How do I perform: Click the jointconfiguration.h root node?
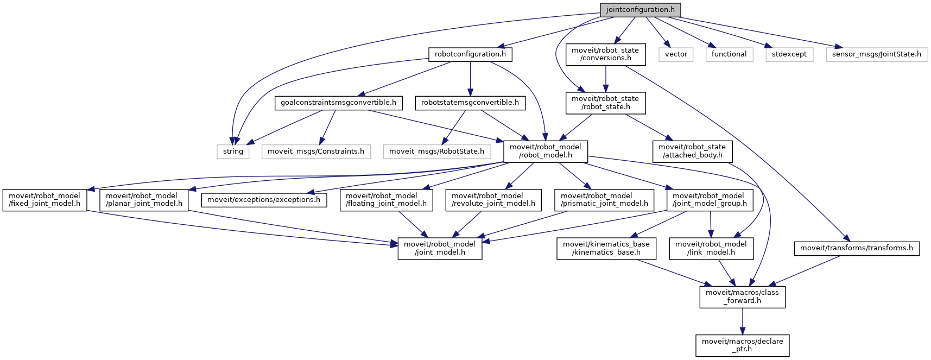tap(640, 10)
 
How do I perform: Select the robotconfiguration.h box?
tap(470, 54)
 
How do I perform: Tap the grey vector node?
tap(676, 54)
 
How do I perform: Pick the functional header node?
tap(729, 54)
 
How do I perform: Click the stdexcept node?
tap(789, 54)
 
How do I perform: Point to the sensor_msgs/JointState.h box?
tap(877, 54)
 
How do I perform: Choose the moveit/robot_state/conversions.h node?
tap(605, 54)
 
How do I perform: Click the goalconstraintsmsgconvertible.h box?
tap(338, 103)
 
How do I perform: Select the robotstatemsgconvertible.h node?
tap(470, 103)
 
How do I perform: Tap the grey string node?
tap(233, 151)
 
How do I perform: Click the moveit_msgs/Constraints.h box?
tap(316, 151)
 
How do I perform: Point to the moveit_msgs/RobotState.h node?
tap(437, 151)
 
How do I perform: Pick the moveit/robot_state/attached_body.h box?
tap(692, 151)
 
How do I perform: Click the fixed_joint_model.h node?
tap(45, 200)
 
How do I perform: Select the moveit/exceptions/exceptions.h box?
tap(264, 200)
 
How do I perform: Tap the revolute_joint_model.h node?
tap(493, 200)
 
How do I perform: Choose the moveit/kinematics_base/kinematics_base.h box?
tap(606, 248)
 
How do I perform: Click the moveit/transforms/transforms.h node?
tap(857, 248)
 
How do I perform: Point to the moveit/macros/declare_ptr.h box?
tap(743, 345)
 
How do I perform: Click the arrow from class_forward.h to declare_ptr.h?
tap(743, 321)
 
